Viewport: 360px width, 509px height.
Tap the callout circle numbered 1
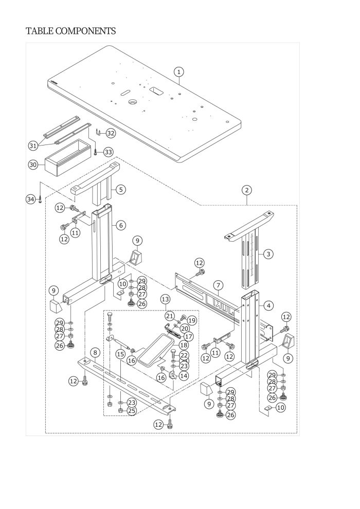tap(178, 72)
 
